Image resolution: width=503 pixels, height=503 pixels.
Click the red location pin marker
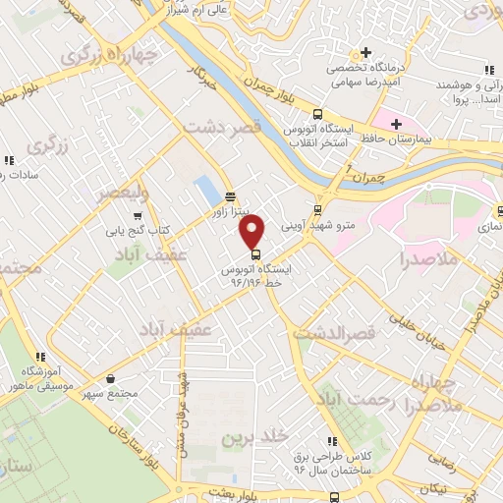click(253, 232)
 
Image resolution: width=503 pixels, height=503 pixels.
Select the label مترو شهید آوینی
click(315, 225)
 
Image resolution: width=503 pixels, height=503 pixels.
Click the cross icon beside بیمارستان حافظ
click(396, 124)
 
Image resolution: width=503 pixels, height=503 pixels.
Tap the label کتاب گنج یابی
click(139, 232)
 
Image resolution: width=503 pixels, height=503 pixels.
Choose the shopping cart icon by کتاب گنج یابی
click(139, 216)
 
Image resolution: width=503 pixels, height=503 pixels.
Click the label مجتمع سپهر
click(110, 393)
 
